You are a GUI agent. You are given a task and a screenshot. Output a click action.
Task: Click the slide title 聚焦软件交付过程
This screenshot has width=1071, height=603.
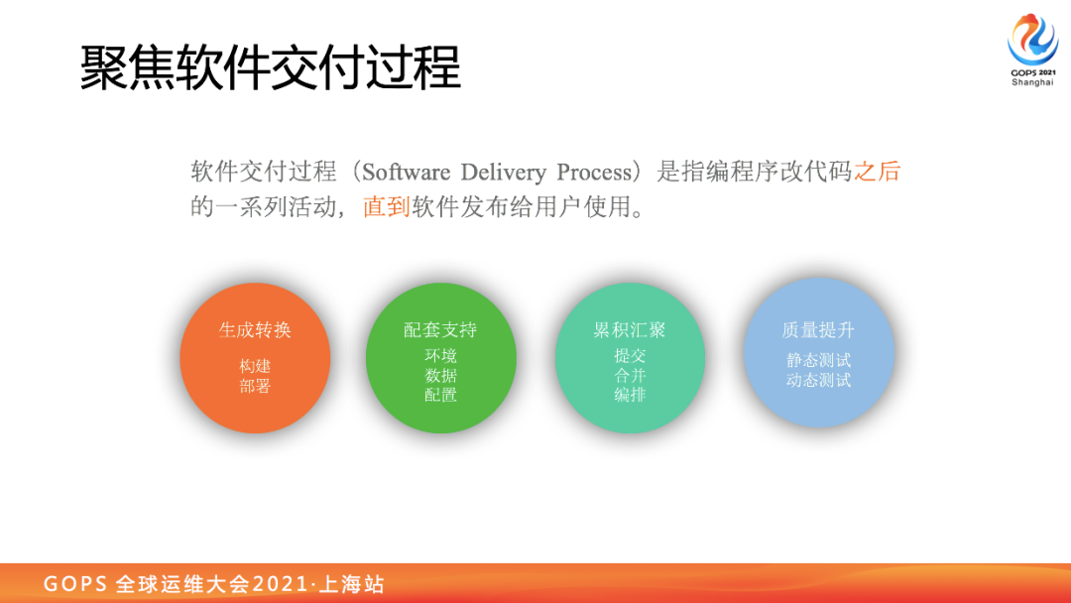[x=271, y=67]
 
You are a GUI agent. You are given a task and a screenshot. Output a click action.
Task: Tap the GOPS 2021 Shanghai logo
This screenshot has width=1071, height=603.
[x=1032, y=51]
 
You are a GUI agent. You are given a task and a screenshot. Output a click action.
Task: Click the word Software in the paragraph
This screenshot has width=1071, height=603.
[x=407, y=173]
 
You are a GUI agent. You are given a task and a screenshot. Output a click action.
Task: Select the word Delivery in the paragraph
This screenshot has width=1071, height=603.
[x=504, y=173]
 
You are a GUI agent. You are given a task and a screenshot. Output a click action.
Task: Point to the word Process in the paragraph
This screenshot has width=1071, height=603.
[x=594, y=173]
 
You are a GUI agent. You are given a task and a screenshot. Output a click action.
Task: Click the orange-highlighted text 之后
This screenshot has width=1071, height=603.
[x=877, y=172]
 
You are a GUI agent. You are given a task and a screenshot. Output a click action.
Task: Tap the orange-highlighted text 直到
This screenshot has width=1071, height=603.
[x=387, y=206]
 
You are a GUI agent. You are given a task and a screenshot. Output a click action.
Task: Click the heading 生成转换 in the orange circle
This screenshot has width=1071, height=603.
[x=255, y=330]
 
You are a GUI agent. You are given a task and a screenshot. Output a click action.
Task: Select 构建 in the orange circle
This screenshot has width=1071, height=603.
[x=255, y=367]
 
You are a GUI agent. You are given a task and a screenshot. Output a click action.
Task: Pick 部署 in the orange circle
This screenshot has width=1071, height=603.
[x=255, y=387]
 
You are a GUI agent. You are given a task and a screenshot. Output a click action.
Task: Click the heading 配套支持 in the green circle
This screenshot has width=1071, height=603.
[x=440, y=330]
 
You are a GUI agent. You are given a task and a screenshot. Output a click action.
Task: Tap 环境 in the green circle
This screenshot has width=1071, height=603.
[x=440, y=356]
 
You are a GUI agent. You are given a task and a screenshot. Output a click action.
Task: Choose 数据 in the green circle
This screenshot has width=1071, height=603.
[x=440, y=376]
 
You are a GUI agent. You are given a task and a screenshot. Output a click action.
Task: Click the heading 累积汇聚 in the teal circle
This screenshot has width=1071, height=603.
[x=630, y=330]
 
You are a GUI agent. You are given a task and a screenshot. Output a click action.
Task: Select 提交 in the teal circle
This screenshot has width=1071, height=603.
[x=630, y=356]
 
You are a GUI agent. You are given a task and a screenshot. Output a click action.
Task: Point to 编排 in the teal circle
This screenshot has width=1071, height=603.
[x=630, y=395]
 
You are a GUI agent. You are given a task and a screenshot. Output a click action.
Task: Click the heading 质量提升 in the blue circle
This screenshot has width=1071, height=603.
[x=818, y=330]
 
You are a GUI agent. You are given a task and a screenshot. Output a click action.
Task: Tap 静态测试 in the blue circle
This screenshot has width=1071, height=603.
[x=818, y=361]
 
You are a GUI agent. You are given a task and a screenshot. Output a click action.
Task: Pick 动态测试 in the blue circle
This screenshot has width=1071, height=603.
[x=818, y=381]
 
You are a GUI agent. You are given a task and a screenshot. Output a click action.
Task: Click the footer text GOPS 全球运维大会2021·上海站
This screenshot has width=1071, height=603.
[x=214, y=584]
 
